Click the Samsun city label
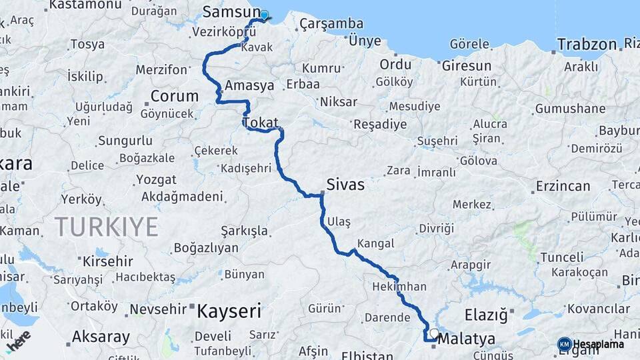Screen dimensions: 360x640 pyautogui.click(x=231, y=12)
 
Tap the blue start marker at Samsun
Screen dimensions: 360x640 pyautogui.click(x=264, y=15)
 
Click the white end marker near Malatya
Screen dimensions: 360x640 pyautogui.click(x=435, y=333)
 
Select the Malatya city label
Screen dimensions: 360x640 pyautogui.click(x=467, y=339)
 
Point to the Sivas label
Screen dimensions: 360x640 pyautogui.click(x=345, y=185)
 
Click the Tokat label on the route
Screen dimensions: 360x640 pyautogui.click(x=260, y=123)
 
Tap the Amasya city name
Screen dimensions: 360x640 pyautogui.click(x=249, y=86)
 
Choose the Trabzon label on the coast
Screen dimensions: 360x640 pyautogui.click(x=587, y=45)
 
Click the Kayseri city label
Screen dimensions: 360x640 pyautogui.click(x=229, y=311)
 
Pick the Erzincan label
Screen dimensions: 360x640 pyautogui.click(x=563, y=186)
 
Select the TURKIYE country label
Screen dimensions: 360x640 pyautogui.click(x=107, y=227)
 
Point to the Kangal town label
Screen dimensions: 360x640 pyautogui.click(x=375, y=243)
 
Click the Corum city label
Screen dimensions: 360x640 pyautogui.click(x=174, y=96)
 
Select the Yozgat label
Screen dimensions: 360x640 pyautogui.click(x=156, y=180)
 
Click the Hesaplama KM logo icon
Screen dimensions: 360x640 pyautogui.click(x=565, y=344)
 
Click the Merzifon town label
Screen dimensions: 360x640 pyautogui.click(x=161, y=69)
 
